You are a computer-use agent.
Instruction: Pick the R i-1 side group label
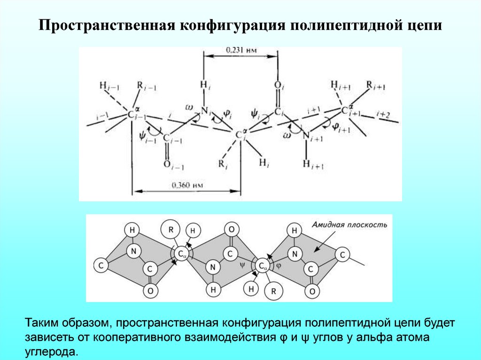click(x=146, y=86)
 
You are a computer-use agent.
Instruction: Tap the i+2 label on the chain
click(x=383, y=114)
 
